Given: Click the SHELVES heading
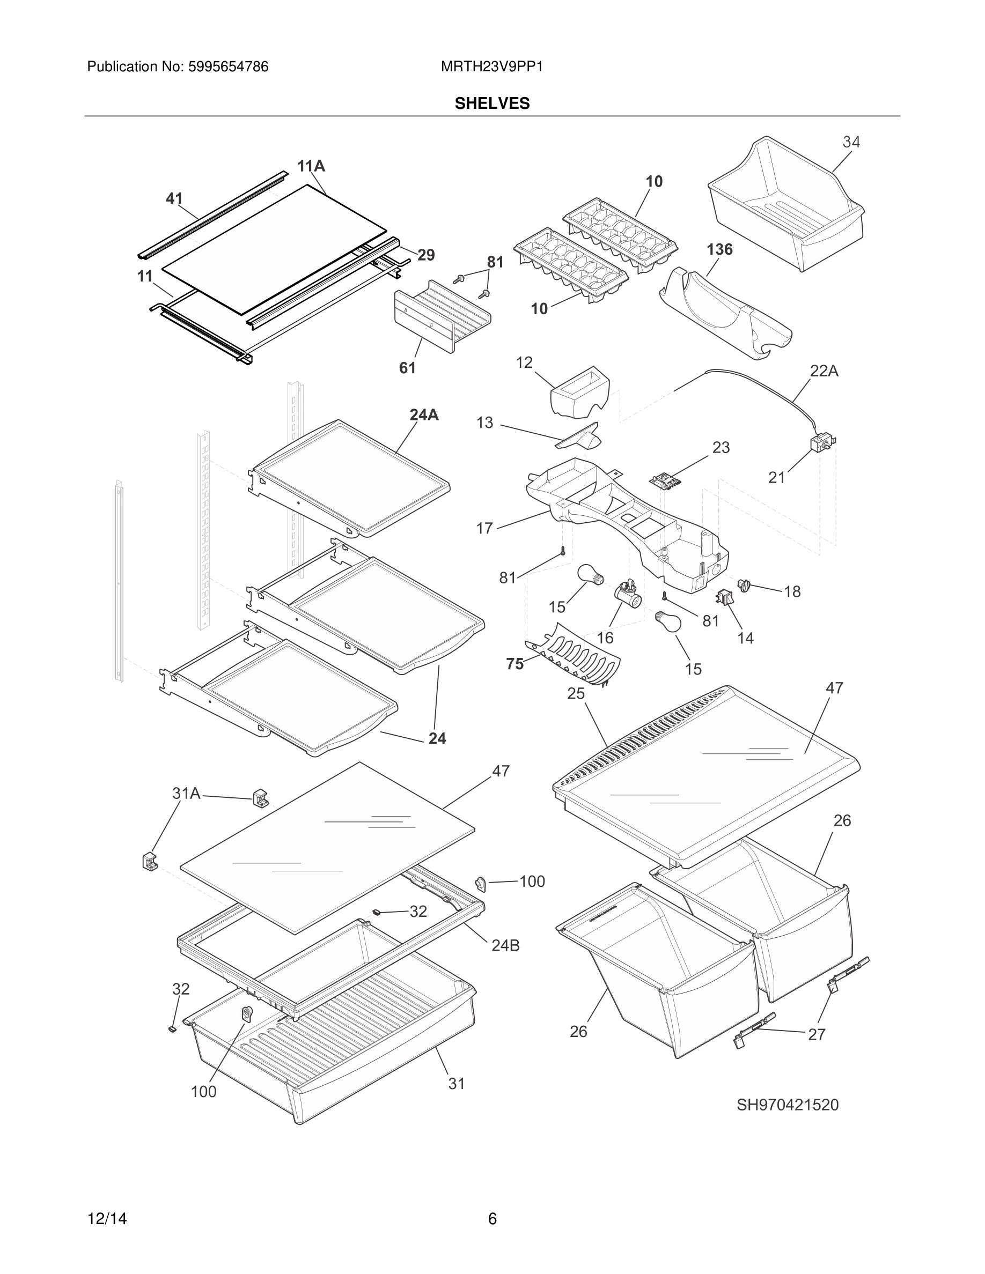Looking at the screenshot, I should click(x=492, y=103).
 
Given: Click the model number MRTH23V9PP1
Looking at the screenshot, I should click(x=491, y=67).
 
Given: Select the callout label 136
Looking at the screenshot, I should click(x=719, y=250).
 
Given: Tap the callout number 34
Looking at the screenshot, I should click(x=851, y=142).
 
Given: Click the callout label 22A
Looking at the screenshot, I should click(x=824, y=371).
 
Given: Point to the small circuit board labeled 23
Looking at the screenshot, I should click(x=665, y=480).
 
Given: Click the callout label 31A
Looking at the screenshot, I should click(x=186, y=794).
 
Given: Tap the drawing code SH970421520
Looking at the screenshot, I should click(x=786, y=1105).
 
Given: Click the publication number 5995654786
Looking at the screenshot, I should click(x=227, y=67).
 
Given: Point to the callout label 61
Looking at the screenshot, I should click(x=407, y=368).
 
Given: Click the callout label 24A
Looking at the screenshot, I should click(x=424, y=415).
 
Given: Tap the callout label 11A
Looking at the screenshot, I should click(x=311, y=167).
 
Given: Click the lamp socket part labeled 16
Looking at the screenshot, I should click(x=627, y=595).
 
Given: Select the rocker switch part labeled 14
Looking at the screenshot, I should click(x=724, y=597).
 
